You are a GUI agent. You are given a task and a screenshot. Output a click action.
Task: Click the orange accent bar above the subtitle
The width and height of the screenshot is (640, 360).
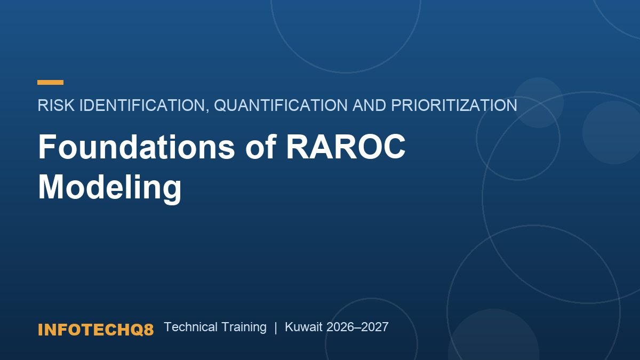[x=50, y=82]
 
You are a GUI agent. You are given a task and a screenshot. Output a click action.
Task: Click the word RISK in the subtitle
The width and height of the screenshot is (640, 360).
[x=56, y=105]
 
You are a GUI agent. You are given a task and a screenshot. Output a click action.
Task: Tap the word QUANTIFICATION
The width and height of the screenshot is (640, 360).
[x=281, y=105]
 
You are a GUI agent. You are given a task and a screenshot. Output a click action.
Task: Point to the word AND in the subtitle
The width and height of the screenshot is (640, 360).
[x=369, y=105]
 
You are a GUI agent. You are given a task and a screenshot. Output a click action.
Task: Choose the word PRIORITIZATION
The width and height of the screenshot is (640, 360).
[x=454, y=105]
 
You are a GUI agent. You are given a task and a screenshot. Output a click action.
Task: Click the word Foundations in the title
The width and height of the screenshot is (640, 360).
[x=136, y=147]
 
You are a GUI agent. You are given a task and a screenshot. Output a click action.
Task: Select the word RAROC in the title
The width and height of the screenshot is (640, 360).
[x=346, y=147]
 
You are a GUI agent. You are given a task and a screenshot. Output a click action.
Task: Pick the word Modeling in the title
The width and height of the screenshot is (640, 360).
[x=110, y=188]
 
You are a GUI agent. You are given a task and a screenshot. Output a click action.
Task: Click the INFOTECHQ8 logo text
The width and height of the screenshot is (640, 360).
[x=95, y=330]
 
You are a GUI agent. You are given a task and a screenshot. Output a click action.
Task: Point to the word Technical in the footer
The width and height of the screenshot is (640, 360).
[x=190, y=327]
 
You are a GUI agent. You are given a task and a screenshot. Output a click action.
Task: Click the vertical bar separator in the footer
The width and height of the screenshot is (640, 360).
[x=276, y=327]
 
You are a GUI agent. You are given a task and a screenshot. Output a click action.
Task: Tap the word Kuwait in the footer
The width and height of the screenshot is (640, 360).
[x=303, y=327]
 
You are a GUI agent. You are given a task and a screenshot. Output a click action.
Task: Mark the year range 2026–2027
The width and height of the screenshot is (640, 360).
[x=357, y=327]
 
